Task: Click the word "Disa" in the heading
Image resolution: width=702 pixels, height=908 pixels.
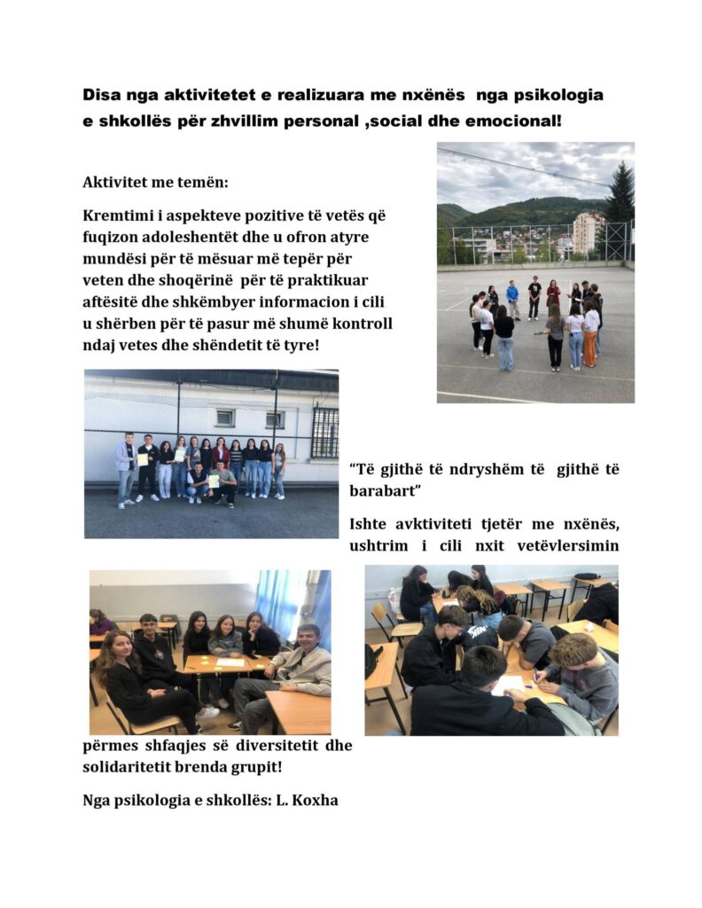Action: pos(101,95)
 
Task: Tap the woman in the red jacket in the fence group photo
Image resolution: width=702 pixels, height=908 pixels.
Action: pos(220,455)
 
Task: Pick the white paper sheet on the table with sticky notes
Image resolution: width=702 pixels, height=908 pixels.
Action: pos(230,661)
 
